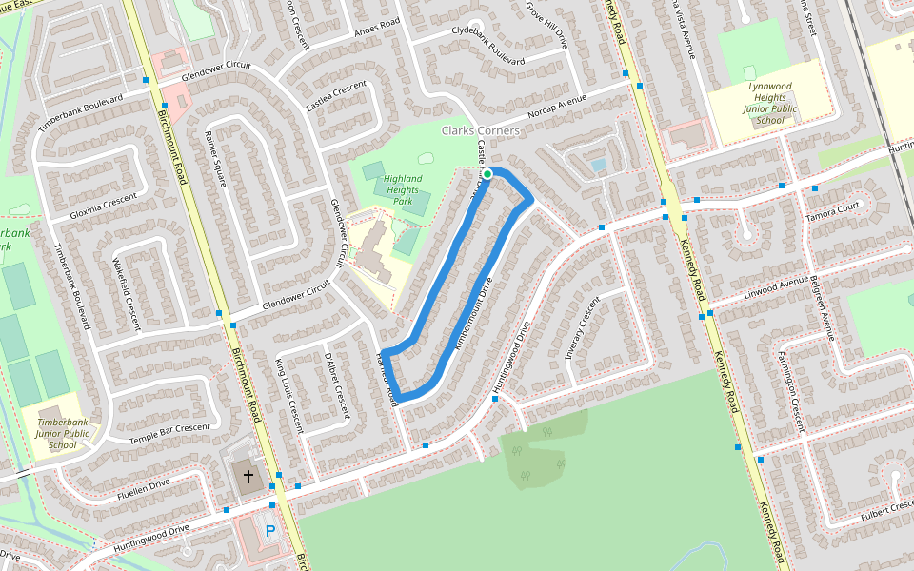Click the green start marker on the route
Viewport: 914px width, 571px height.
pos(487,174)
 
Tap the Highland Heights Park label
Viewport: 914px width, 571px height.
pos(402,189)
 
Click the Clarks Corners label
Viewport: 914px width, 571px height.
pos(481,130)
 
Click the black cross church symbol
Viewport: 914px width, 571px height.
pos(248,475)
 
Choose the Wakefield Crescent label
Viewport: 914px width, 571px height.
pos(126,288)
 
